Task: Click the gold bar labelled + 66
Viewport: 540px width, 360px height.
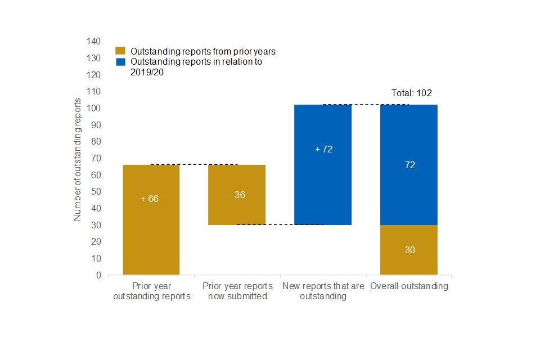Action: (x=151, y=219)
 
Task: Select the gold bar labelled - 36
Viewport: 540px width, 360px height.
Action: (x=237, y=195)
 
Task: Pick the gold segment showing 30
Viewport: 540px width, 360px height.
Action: (x=409, y=250)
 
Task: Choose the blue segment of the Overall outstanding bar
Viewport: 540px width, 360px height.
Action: (x=409, y=165)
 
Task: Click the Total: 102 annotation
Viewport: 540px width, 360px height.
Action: (x=411, y=93)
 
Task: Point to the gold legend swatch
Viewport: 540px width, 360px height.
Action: (x=120, y=51)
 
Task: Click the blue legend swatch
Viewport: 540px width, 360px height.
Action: (x=120, y=62)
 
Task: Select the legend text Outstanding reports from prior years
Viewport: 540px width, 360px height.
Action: (x=202, y=51)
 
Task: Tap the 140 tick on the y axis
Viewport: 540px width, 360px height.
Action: (x=93, y=42)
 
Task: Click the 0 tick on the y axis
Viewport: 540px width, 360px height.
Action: (x=98, y=275)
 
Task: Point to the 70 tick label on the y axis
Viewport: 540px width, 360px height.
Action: (x=96, y=158)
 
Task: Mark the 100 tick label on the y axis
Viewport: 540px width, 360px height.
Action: (x=93, y=108)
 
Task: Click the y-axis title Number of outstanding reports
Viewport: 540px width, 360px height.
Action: (x=78, y=159)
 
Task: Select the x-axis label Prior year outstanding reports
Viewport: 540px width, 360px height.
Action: (x=151, y=291)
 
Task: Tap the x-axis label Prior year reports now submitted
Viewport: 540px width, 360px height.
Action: (x=237, y=291)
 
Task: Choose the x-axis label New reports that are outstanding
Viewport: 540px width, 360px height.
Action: (x=323, y=291)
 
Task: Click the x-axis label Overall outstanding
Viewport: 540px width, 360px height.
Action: (x=409, y=286)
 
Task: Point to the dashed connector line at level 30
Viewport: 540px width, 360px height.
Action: (x=280, y=224)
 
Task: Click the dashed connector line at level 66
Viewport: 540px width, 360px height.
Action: (x=194, y=165)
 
